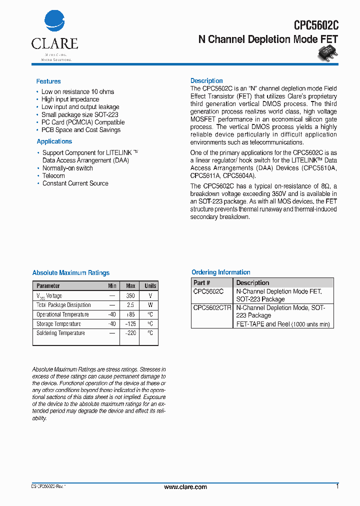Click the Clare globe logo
click(54, 22)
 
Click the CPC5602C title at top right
click(316, 26)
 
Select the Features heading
click(48, 81)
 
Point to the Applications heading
click(54, 141)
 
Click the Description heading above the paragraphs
click(206, 81)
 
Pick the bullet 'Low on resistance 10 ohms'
click(77, 92)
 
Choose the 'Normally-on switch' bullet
click(67, 168)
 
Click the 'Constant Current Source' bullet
click(75, 183)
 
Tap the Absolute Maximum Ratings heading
click(70, 273)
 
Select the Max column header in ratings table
click(130, 286)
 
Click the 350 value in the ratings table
click(130, 295)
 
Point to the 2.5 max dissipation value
click(130, 305)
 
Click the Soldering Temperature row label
click(60, 333)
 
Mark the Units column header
click(150, 286)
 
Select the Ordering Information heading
click(221, 272)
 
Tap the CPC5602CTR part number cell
click(212, 308)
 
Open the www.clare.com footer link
click(185, 487)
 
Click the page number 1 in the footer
click(337, 486)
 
